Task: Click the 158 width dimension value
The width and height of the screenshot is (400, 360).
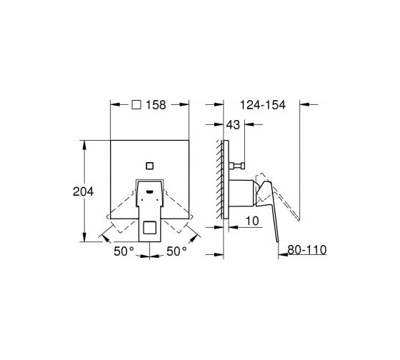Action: point(156,105)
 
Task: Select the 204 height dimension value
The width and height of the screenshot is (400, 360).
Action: point(83,191)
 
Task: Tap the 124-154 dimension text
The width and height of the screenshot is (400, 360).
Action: point(263,105)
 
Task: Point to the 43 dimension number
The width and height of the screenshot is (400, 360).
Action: point(233,125)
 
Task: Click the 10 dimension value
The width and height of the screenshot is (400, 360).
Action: point(252,221)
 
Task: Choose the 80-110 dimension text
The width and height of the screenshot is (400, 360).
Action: point(307,250)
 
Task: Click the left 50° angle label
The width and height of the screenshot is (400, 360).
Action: point(124,251)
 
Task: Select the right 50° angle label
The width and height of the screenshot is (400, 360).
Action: point(176,251)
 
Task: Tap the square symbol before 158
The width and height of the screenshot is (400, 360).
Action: point(136,104)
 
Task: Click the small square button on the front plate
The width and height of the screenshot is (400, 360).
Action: point(149,166)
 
